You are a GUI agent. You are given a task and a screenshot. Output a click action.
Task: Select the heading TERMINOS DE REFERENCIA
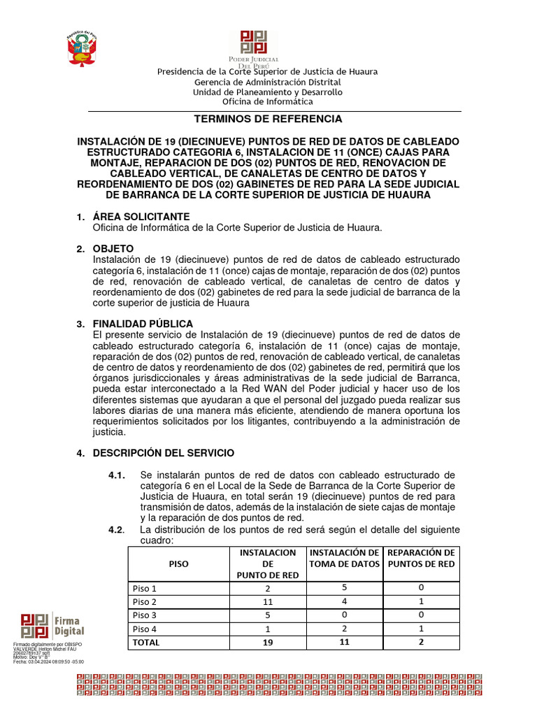point(268,119)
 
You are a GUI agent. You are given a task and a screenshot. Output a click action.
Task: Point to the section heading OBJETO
point(113,249)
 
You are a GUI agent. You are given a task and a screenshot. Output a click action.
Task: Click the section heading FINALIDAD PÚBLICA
point(143,324)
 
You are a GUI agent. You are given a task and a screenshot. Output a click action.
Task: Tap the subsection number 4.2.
point(116,529)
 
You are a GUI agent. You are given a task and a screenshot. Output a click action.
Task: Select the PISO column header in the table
point(178,563)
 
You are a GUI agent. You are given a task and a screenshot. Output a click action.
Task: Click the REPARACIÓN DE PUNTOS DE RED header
point(421,558)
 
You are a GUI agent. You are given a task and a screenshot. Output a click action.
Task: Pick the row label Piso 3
point(145,615)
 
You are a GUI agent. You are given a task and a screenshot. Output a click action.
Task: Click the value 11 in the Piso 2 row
point(267,601)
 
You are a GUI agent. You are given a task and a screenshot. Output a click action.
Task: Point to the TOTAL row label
point(146,642)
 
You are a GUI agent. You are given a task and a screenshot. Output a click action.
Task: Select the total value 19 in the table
point(267,643)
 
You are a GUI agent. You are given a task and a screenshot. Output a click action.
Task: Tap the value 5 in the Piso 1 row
point(344,587)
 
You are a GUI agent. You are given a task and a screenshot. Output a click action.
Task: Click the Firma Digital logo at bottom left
point(52,625)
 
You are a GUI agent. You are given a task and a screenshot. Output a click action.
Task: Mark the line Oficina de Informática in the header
point(268,101)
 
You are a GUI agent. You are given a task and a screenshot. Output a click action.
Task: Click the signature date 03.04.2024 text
point(56,661)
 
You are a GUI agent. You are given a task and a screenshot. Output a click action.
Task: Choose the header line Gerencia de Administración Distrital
point(268,82)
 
